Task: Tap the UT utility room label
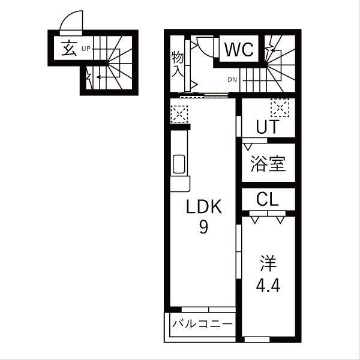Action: tap(267, 128)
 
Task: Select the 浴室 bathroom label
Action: tap(268, 164)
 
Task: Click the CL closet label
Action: tap(267, 199)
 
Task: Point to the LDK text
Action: tap(203, 207)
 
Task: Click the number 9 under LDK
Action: tap(203, 228)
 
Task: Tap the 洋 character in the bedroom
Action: tap(268, 263)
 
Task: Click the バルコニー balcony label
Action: tap(202, 325)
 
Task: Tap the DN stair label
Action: tap(232, 79)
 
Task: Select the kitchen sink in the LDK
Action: tap(179, 163)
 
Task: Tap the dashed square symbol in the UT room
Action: tap(279, 108)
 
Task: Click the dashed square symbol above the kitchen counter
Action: tap(179, 113)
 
